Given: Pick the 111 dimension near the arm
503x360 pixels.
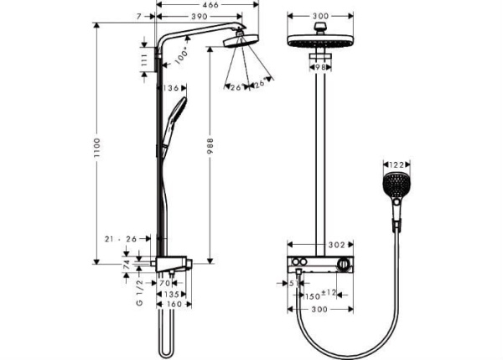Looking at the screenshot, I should pos(143,59).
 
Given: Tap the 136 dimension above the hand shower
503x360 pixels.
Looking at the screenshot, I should pos(173,87).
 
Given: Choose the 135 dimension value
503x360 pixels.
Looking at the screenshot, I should pos(171,294).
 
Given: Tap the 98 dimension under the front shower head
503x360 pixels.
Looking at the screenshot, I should pos(319,65).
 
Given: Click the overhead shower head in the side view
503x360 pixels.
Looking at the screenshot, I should pos(241,39).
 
